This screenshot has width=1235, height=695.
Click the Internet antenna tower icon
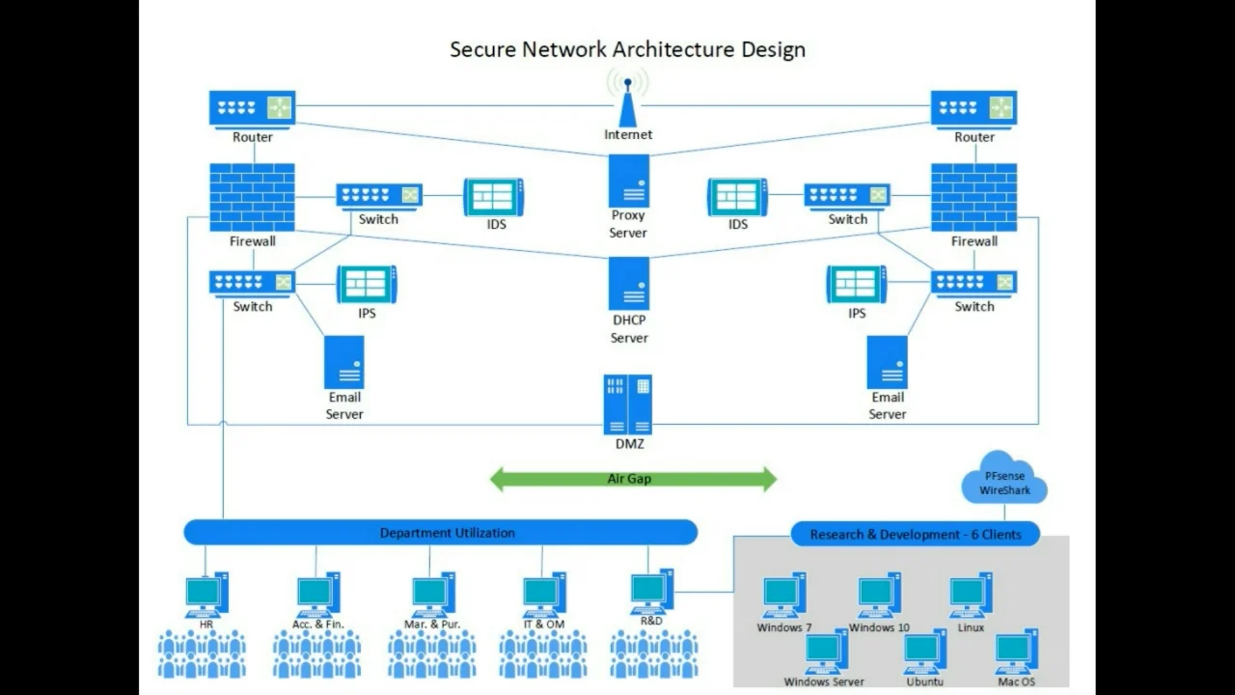click(628, 101)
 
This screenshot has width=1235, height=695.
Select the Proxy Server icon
click(628, 181)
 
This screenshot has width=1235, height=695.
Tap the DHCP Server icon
click(628, 283)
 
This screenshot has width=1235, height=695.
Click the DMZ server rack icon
click(628, 404)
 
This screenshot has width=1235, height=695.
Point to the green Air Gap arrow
click(633, 479)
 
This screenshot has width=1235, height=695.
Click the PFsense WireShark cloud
click(1004, 479)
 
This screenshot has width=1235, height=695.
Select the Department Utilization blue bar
click(440, 533)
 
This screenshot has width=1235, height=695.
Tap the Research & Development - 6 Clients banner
click(915, 534)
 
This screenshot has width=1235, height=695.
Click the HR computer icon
click(206, 595)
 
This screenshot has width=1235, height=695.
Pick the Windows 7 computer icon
click(783, 596)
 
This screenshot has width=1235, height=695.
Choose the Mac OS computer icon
click(1016, 652)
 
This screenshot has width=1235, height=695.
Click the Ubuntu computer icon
click(924, 652)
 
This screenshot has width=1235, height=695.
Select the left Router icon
click(252, 108)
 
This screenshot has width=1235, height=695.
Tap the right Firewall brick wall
click(974, 197)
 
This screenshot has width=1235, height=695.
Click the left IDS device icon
click(493, 197)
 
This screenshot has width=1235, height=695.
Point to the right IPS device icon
click(856, 284)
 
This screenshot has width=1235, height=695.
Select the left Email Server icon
click(344, 362)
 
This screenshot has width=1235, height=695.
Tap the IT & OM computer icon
click(544, 595)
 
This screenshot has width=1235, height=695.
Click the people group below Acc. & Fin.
click(316, 654)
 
